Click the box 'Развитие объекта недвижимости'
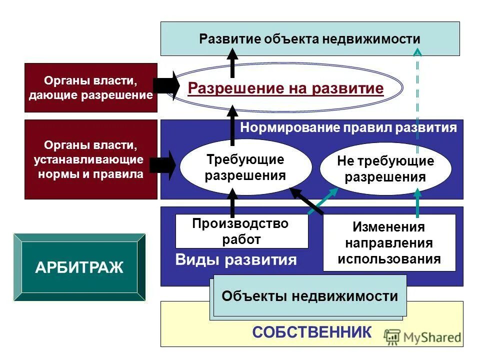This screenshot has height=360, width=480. tap(309, 38)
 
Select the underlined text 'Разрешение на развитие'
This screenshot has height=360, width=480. tap(285, 88)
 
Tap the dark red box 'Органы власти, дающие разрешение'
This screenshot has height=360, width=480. tap(90, 87)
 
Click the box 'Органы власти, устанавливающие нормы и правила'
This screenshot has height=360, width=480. tap(90, 159)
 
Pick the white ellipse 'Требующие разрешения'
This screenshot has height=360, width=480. tap(245, 167)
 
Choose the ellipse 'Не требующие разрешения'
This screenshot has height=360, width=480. tap(385, 169)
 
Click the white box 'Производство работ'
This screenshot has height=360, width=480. tap(241, 231)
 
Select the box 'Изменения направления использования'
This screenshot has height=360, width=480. tap(389, 243)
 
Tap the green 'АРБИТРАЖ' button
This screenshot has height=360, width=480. tap(79, 267)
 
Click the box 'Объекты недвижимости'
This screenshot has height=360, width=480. tap(309, 296)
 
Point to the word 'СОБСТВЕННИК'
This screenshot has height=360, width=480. tap(312, 331)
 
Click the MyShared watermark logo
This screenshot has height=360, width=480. tap(423, 337)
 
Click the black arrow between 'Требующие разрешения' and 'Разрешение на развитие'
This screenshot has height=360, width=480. tap(232, 125)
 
